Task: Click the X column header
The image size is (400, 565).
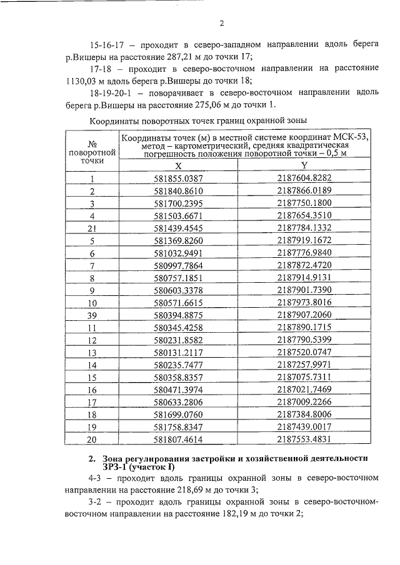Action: pos(178,165)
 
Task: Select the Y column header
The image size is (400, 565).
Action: pos(304,165)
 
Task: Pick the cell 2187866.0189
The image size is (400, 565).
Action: pos(304,191)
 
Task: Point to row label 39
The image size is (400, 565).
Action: pos(92,315)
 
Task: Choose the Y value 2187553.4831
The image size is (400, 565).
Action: pos(304,438)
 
